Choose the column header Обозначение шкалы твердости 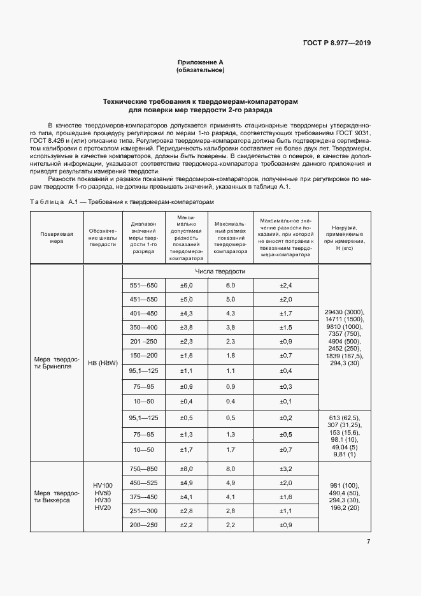103,238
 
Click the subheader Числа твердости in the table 220,272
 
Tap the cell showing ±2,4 285,285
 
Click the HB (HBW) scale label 103,363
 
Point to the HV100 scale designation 103,485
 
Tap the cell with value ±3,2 285,468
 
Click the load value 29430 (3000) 344,311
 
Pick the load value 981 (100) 344,485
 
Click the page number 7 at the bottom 369,542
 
